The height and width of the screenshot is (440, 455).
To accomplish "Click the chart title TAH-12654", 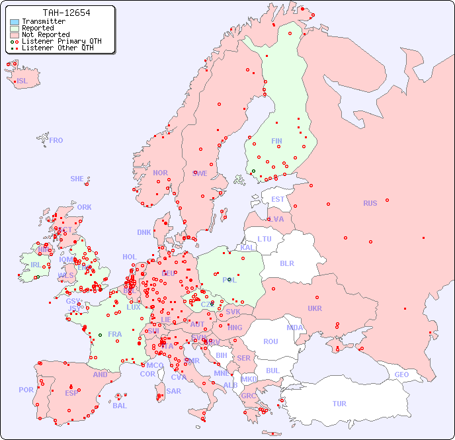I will coord(66,13).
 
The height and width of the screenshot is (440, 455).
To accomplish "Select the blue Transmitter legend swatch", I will coord(15,22).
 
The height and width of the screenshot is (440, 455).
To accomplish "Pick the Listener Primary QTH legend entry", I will coord(57,41).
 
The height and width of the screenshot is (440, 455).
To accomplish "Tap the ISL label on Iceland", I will coord(22,81).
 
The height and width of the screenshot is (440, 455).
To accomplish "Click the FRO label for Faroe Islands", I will coord(56,140).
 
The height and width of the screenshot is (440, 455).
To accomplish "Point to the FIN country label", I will coord(276,141).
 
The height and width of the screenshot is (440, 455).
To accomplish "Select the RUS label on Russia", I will coord(370,203).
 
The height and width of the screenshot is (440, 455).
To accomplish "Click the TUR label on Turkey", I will coord(339,404).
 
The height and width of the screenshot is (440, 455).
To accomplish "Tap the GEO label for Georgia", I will coord(401,374).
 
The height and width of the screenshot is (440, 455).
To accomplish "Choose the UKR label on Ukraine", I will coord(315,308).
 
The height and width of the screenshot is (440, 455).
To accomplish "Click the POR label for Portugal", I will coord(26,390).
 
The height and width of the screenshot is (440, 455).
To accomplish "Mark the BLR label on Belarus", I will coord(286,263).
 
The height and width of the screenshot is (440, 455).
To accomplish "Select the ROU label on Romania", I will coord(270,341).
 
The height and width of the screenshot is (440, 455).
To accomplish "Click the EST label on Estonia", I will coord(278,199).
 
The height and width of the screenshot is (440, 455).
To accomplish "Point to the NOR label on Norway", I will coord(160,173).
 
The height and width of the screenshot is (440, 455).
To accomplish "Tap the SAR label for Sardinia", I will coord(174,391).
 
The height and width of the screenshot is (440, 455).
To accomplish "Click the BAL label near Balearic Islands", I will coord(120,406).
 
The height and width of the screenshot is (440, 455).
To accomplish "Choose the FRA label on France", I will coord(115,334).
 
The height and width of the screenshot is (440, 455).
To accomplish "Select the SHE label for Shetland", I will coord(77,179).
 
